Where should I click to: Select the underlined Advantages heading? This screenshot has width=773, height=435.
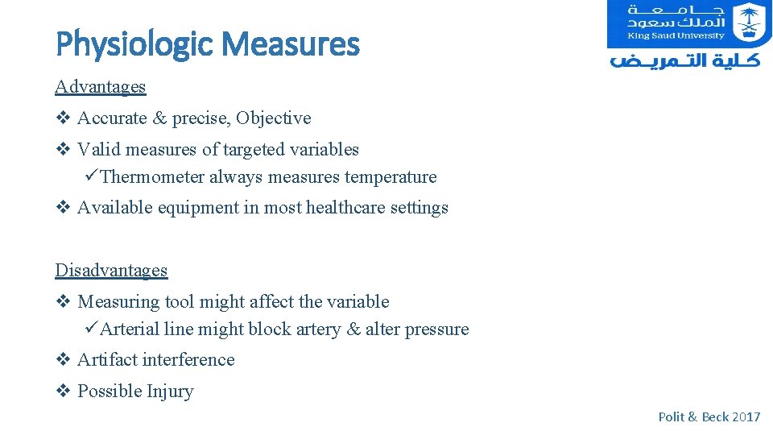point(101,86)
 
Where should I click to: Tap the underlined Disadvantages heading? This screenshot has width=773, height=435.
point(111,270)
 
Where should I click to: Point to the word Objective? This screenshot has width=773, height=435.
point(274,118)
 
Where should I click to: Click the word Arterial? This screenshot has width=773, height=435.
point(130,329)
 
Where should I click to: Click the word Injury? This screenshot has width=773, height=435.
point(170,391)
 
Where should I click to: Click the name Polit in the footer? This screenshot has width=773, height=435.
point(671,416)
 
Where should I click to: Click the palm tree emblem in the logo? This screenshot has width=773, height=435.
point(750,22)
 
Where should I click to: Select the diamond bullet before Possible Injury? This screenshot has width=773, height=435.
point(63,391)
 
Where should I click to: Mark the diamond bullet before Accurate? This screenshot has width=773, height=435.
point(63,118)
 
